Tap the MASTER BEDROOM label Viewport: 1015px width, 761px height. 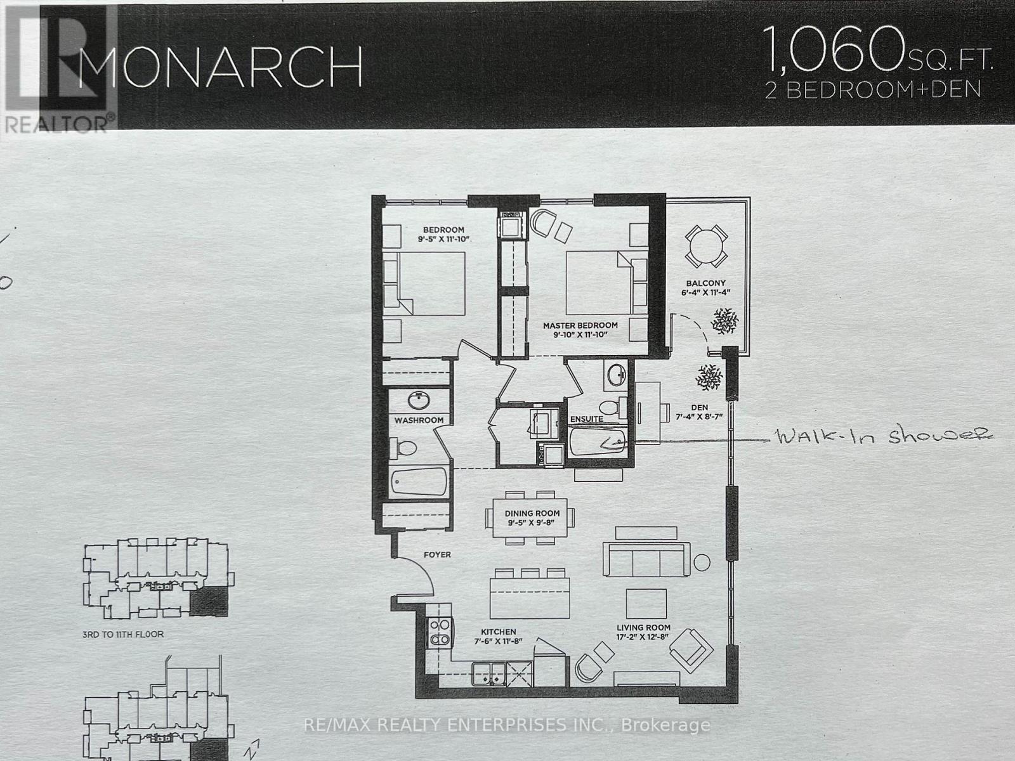(580, 325)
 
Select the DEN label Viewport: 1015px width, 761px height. (700, 407)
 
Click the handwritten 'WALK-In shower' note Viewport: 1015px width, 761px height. (882, 436)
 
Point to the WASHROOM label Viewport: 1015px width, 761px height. (419, 420)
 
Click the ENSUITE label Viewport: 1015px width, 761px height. (587, 419)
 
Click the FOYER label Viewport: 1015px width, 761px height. (437, 555)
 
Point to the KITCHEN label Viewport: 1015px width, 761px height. (498, 632)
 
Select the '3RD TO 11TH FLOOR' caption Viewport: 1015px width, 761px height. (122, 634)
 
